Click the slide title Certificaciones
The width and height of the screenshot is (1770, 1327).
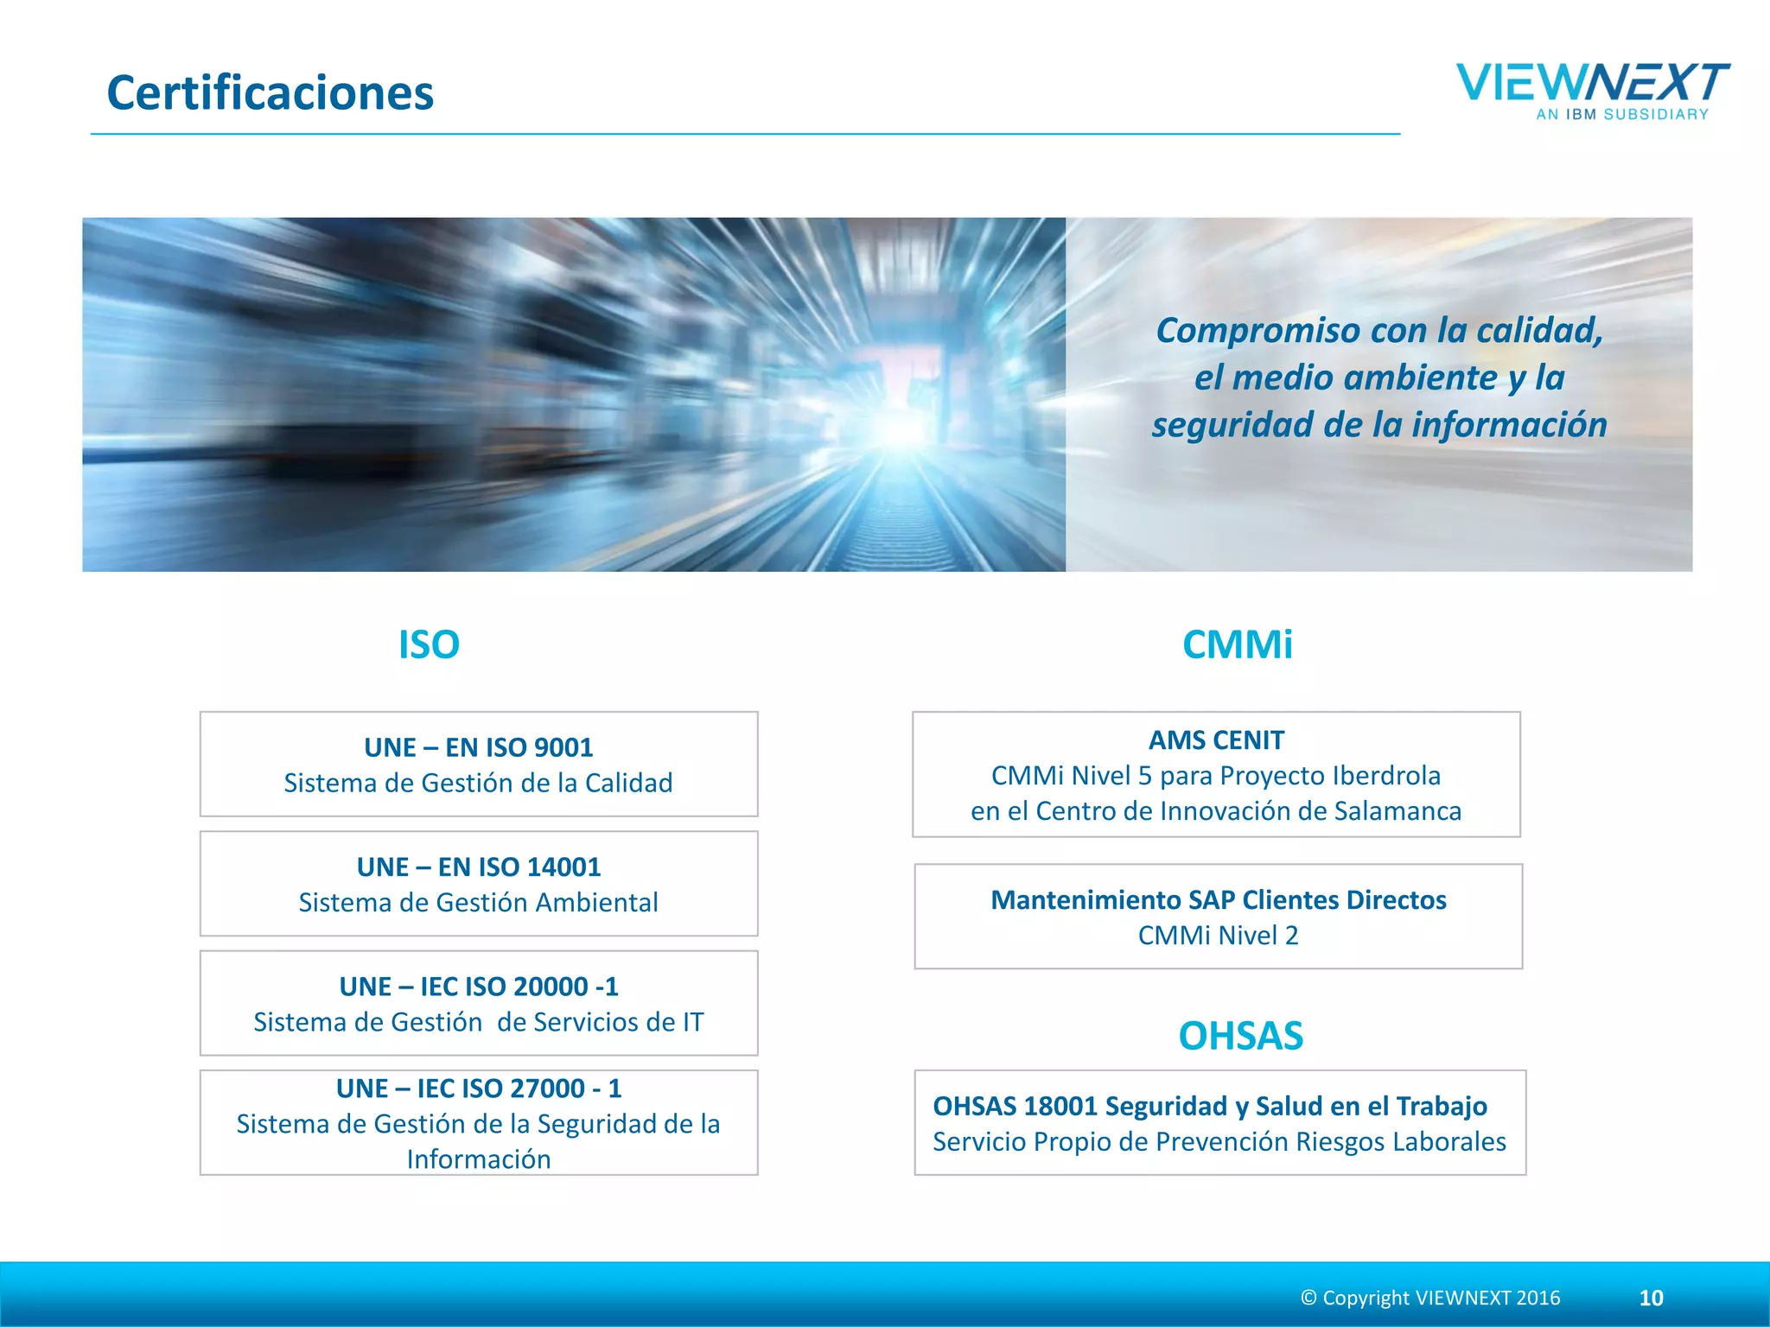[x=270, y=92]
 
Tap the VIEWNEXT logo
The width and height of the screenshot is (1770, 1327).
[x=1592, y=84]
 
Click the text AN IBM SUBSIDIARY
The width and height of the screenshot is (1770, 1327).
[x=1622, y=114]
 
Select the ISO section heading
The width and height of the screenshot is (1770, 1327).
[x=429, y=644]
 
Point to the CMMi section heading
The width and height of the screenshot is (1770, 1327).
[x=1237, y=644]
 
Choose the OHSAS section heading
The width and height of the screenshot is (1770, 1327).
[x=1240, y=1036]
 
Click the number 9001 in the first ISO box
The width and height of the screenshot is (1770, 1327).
[x=563, y=747]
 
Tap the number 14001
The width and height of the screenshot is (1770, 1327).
[x=563, y=867]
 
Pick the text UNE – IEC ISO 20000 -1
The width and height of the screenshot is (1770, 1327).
[x=479, y=987]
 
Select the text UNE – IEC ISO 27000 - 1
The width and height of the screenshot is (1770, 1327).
[x=479, y=1089]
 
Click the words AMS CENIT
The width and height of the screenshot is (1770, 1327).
[x=1216, y=740]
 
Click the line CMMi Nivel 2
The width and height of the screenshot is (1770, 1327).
[x=1218, y=936]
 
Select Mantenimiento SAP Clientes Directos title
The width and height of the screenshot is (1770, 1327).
[x=1218, y=900]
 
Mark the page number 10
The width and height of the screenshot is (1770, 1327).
[x=1651, y=1298]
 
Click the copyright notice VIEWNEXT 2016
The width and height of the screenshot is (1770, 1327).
[x=1430, y=1298]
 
